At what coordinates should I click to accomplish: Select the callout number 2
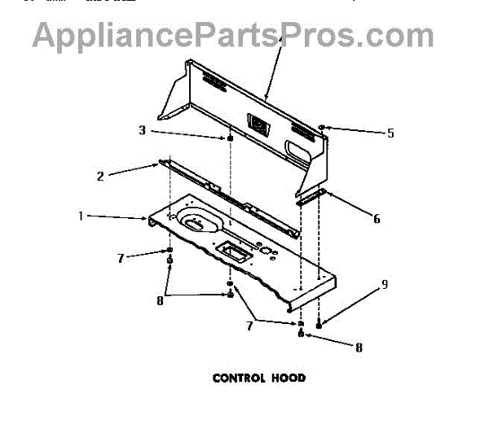pyautogui.click(x=101, y=175)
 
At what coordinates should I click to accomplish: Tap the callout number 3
pyautogui.click(x=142, y=130)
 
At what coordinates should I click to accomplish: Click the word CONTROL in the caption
pyautogui.click(x=238, y=378)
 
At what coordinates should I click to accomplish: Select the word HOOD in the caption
pyautogui.click(x=288, y=378)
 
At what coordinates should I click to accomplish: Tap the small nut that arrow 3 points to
pyautogui.click(x=231, y=139)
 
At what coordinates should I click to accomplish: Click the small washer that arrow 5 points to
pyautogui.click(x=324, y=128)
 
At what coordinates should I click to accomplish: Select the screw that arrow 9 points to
pyautogui.click(x=318, y=326)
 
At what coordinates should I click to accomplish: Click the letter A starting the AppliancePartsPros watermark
pyautogui.click(x=44, y=37)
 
